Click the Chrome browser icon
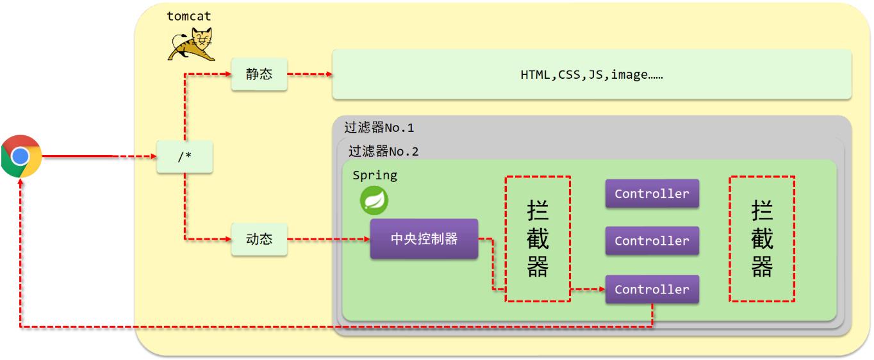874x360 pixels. click(x=21, y=156)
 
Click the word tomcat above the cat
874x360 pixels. click(x=189, y=16)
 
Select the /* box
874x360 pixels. click(x=185, y=157)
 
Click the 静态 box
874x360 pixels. click(x=259, y=74)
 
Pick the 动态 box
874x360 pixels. click(x=259, y=239)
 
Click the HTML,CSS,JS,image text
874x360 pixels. click(x=591, y=74)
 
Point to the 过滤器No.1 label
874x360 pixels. click(x=379, y=127)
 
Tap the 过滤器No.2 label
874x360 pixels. click(x=383, y=152)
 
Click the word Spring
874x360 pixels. click(x=375, y=175)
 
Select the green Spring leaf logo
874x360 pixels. click(x=374, y=200)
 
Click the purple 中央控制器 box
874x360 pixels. click(x=424, y=239)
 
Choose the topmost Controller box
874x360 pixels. click(x=652, y=193)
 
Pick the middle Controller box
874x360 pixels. click(x=652, y=241)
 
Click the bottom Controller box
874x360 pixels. click(x=652, y=290)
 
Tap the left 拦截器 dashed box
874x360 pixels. click(x=538, y=238)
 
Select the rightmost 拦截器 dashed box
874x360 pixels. click(x=762, y=238)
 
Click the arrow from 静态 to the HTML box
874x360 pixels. click(x=309, y=74)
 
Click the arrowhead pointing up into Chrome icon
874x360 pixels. click(x=21, y=182)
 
